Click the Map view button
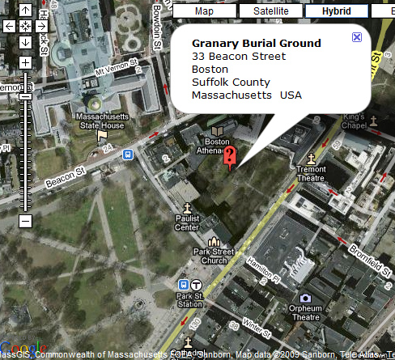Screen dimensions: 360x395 [204, 11]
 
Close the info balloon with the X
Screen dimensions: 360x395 [357, 38]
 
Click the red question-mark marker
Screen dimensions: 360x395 [229, 156]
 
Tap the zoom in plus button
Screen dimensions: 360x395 [25, 62]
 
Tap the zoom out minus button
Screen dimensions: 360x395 [25, 220]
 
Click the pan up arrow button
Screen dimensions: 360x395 [25, 11]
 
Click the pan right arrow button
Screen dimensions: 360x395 [40, 26]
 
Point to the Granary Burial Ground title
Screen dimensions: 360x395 [256, 44]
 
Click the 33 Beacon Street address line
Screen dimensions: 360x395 [239, 57]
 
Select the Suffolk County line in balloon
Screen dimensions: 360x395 [231, 83]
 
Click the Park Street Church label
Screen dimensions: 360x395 [214, 256]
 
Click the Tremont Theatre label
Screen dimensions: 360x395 [311, 173]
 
